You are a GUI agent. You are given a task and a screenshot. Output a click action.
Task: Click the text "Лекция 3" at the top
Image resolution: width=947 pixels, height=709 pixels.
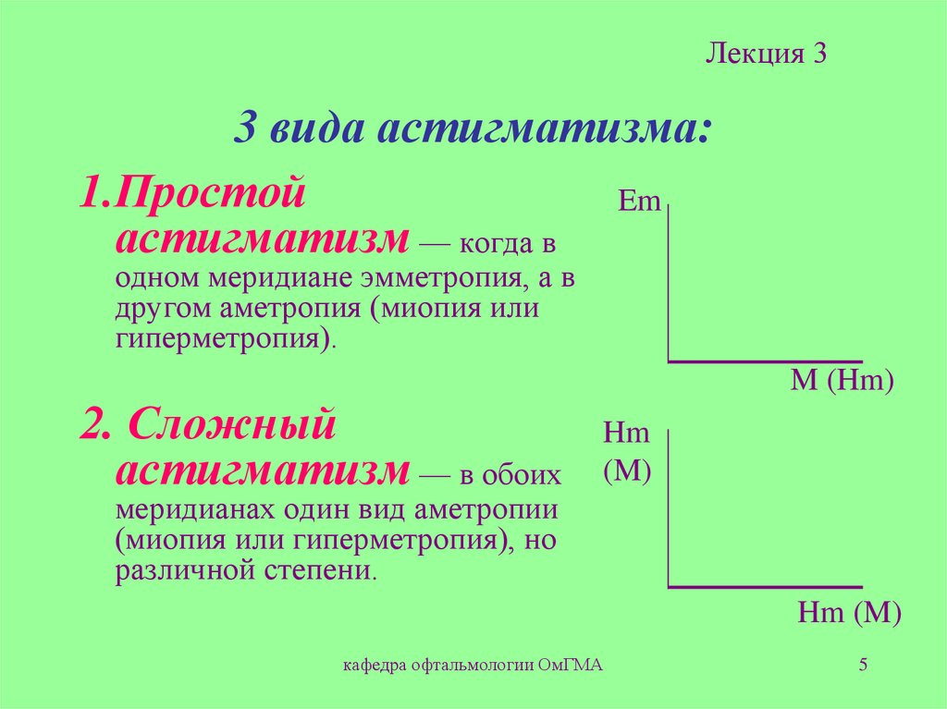coord(765,54)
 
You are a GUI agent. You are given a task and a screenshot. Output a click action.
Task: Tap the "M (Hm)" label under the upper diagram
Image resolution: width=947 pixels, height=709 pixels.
coord(842,381)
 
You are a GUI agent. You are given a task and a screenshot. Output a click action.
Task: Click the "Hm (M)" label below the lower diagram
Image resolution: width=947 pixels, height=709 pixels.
coord(849,611)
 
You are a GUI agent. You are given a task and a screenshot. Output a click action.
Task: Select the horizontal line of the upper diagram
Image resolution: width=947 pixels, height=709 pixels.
coord(766,361)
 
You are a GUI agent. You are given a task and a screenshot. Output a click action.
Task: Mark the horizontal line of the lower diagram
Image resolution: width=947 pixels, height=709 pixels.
coord(766,586)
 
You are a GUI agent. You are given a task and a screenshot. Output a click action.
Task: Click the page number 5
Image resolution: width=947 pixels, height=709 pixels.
coord(863,664)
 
